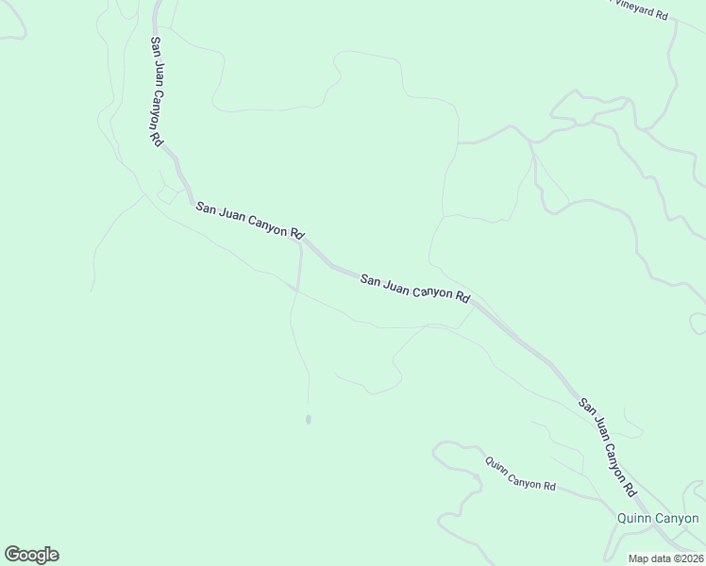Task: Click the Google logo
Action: point(31,555)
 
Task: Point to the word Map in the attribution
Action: point(639,558)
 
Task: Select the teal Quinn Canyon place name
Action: point(658,518)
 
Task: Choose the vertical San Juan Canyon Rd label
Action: point(156,91)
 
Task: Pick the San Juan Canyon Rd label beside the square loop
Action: point(250,220)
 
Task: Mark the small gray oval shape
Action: point(309,420)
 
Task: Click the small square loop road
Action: point(171,194)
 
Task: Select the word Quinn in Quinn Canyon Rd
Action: point(496,465)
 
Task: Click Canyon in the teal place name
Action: point(678,518)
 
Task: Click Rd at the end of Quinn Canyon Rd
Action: point(548,485)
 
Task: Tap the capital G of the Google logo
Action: point(12,555)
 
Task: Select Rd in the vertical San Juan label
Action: point(157,136)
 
